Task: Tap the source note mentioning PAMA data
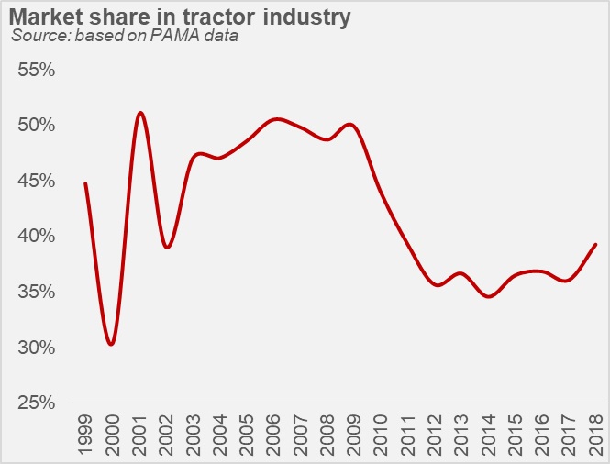point(125,37)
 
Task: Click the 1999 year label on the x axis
point(85,430)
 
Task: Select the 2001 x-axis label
point(139,430)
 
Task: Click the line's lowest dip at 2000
point(111,344)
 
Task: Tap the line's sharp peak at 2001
point(139,113)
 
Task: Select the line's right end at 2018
point(596,244)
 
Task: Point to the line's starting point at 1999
point(85,183)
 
